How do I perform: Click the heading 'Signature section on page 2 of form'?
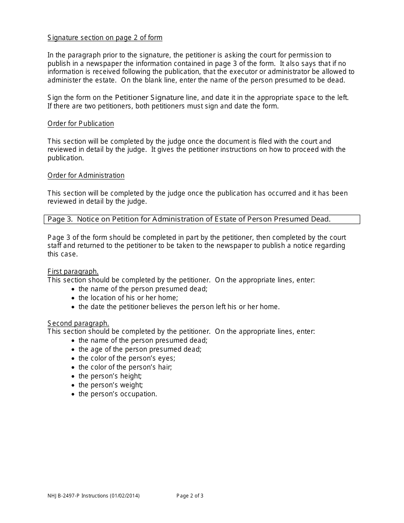[105, 37]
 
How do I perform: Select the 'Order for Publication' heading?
[81, 123]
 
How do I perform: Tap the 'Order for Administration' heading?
[86, 175]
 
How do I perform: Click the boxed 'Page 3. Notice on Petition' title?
[189, 219]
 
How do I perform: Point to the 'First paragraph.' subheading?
[73, 271]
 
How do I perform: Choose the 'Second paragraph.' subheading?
[78, 323]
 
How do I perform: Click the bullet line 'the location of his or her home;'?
[128, 298]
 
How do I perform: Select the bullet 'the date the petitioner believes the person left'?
[179, 307]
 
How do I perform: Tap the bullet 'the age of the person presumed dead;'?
[140, 349]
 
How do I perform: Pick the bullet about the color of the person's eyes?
[127, 358]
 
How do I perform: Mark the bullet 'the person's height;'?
[110, 376]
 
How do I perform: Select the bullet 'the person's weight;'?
[111, 385]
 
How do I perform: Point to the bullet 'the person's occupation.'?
[118, 394]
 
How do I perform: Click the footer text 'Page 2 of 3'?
[190, 495]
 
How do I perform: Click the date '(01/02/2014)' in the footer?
[125, 495]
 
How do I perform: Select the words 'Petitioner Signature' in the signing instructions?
[149, 97]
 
